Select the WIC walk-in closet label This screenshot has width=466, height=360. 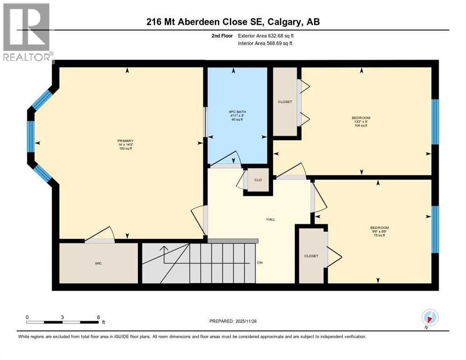(98, 263)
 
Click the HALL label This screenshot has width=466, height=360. (271, 219)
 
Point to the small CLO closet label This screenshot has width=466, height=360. (257, 180)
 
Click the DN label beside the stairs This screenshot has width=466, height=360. (260, 262)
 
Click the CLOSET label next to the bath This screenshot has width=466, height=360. (285, 102)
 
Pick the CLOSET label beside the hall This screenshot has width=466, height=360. (311, 256)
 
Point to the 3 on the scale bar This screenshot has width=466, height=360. (62, 317)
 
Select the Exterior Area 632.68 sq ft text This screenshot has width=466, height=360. (267, 36)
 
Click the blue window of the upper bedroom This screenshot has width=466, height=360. (435, 122)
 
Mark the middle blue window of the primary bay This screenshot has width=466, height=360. (31, 136)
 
